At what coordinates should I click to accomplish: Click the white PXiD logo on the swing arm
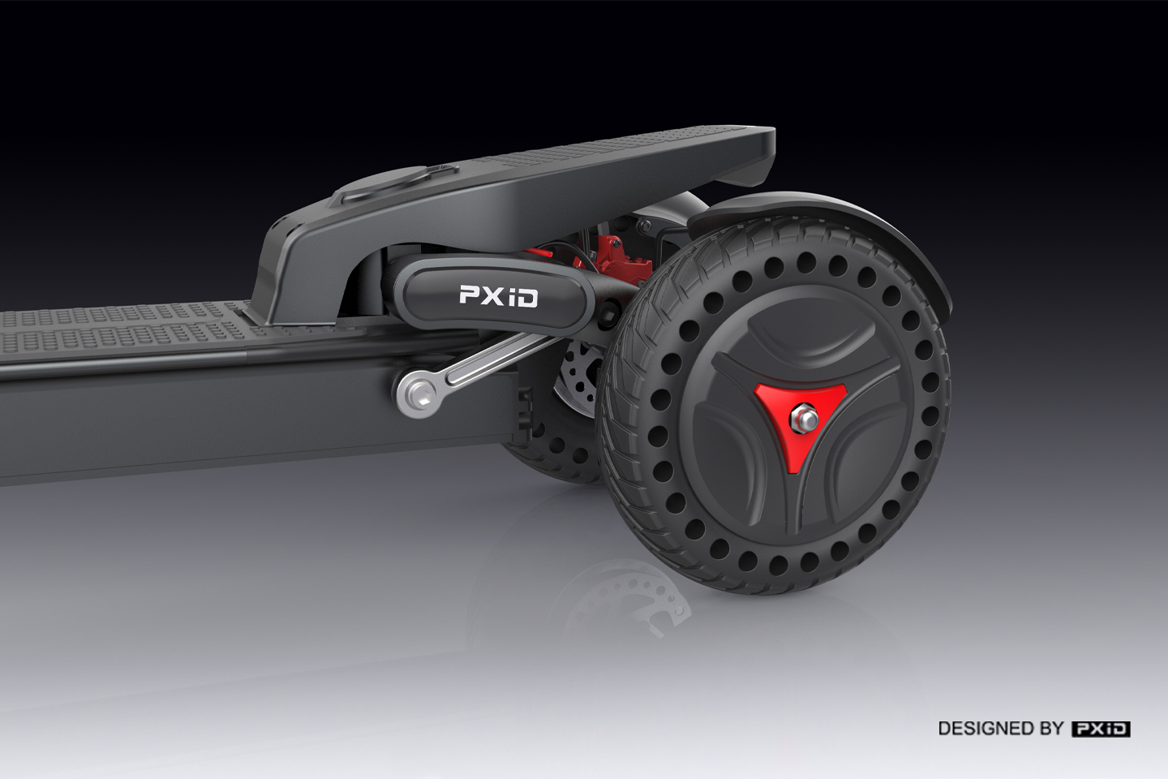[x=498, y=295]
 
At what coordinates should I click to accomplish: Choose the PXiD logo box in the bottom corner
[x=1101, y=728]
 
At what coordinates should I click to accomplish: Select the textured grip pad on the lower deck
[x=122, y=325]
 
